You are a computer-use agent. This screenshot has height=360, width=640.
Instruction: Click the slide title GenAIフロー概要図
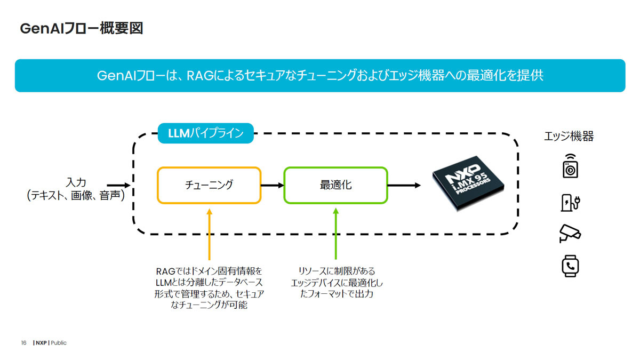coord(82,28)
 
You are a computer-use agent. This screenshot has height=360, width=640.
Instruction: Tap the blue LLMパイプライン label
coord(206,133)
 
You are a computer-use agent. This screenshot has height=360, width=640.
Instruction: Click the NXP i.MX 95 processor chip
coord(468,183)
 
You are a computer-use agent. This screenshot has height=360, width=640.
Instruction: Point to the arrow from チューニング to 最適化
coord(273,186)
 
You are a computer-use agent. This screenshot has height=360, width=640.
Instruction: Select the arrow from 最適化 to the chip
coord(404,186)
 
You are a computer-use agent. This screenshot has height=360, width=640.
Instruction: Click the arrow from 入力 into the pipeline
coord(118,186)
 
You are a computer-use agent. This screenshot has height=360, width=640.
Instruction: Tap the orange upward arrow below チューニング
coord(210,234)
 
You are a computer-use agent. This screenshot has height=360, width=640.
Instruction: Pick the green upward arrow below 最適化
coord(336,234)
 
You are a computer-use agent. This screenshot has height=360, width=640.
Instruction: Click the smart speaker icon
coord(570,166)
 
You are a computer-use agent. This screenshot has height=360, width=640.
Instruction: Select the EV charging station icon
coord(570,203)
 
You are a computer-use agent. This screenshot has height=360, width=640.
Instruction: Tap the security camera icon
coord(570,234)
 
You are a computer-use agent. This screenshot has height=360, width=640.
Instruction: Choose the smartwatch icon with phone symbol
coord(570,266)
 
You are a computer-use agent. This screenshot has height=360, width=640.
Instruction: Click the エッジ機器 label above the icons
coord(569,136)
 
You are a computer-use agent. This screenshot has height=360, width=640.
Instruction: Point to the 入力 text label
coord(76,182)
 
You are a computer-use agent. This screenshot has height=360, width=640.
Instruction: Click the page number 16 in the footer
coord(23,343)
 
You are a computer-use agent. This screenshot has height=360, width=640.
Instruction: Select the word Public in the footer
coord(59,343)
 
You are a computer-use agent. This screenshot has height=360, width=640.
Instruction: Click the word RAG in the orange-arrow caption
coord(165,271)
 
